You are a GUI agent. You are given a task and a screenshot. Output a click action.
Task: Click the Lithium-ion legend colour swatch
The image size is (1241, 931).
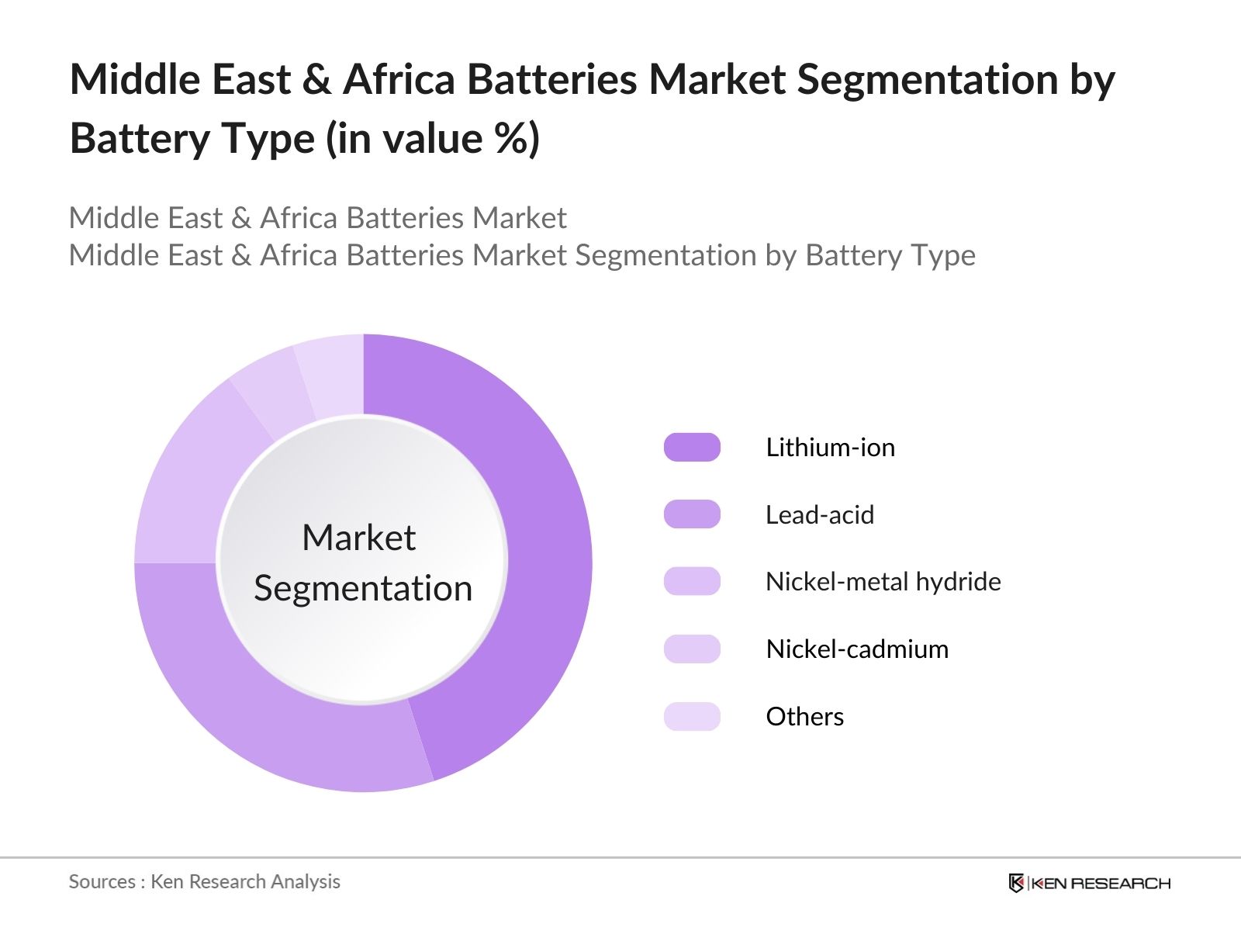692,448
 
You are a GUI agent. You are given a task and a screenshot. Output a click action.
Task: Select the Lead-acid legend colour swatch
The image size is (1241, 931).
692,514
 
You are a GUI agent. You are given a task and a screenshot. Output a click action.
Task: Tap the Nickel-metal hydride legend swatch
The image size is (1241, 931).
692,582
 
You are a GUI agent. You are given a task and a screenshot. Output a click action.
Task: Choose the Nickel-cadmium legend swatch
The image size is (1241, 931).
692,649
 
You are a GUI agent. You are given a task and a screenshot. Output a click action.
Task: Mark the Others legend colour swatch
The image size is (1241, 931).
692,716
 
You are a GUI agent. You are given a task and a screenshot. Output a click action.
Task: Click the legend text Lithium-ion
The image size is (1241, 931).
830,448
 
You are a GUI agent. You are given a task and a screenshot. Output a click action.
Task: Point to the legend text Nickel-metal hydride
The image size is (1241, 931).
883,582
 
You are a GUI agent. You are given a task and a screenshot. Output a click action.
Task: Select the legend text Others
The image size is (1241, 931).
804,716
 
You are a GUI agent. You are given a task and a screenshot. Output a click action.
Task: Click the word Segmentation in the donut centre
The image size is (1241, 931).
363,588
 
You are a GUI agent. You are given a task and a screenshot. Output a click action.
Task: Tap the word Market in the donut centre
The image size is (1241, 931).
358,538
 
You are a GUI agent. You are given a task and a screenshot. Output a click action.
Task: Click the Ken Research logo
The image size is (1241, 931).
1089,883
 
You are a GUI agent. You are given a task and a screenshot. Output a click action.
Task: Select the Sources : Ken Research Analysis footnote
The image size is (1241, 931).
204,881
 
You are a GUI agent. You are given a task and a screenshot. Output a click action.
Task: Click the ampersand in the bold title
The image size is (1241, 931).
316,80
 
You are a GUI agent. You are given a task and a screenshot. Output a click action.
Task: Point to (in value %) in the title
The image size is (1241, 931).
433,140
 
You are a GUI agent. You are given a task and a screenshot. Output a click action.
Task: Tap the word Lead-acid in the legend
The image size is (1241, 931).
819,514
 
